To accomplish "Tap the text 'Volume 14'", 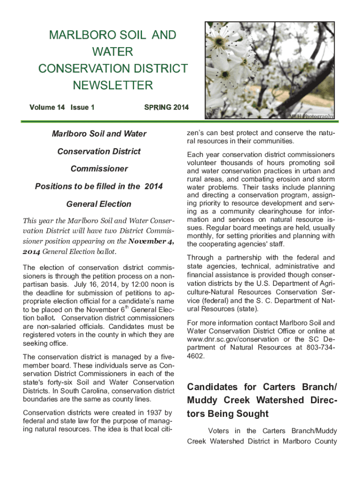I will pos(47,108).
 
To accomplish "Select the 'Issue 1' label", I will pos(82,108).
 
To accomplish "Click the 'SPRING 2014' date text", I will pos(166,108).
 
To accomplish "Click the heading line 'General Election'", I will pos(99,204).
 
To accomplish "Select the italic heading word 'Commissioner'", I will pos(99,169).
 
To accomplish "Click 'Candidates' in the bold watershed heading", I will pos(211,387).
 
